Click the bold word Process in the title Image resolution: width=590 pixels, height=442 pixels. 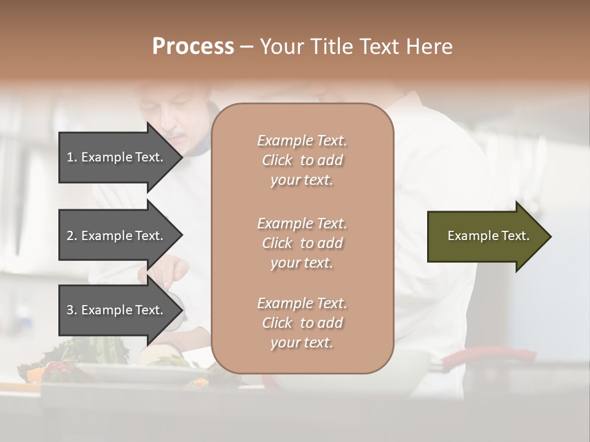click(x=193, y=47)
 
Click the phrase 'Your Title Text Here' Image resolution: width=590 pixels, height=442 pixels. click(x=356, y=47)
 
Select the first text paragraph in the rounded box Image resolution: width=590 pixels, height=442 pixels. click(x=302, y=160)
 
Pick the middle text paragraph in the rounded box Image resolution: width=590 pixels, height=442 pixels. click(x=302, y=243)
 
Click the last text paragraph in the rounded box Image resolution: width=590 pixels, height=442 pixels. click(x=302, y=323)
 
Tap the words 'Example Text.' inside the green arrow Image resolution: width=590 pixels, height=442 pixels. click(x=489, y=236)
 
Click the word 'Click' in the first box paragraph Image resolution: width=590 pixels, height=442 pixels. click(x=277, y=160)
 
